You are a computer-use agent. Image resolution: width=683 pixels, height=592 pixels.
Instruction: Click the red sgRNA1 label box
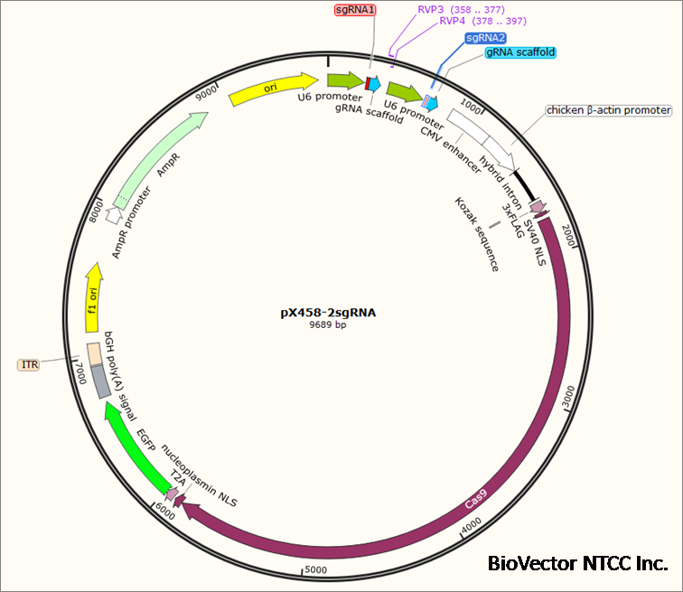tap(355, 10)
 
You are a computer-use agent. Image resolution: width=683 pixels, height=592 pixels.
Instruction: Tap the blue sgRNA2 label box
tap(486, 38)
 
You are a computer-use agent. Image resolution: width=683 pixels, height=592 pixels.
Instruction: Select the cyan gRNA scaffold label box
tap(520, 52)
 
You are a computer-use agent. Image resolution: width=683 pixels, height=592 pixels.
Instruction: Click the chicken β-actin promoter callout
tap(609, 110)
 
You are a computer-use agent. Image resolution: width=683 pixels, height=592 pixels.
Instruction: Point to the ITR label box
tap(32, 365)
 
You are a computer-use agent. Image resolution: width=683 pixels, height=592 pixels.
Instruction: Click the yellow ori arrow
tap(268, 89)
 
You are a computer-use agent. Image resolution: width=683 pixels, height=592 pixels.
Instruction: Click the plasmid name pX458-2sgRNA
tap(328, 313)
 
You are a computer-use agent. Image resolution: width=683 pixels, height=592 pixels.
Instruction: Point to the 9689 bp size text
tap(328, 325)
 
